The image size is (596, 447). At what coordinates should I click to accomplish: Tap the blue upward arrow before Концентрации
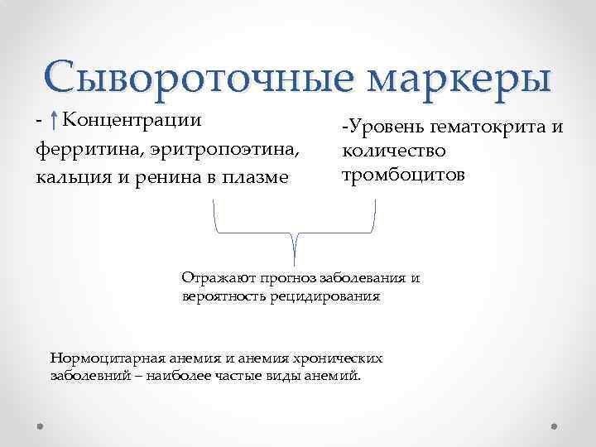[53, 122]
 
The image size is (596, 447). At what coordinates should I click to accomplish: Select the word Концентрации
[132, 121]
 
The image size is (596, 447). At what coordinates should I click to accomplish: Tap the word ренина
[169, 176]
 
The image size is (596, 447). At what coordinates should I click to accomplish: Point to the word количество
[393, 151]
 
